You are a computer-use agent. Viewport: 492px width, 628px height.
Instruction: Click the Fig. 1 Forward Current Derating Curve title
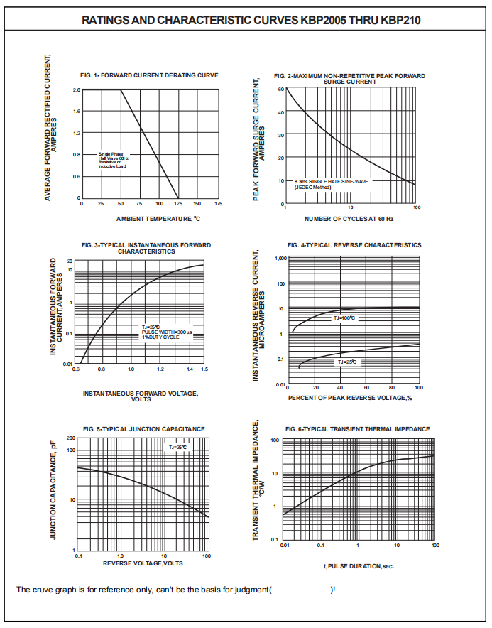(149, 75)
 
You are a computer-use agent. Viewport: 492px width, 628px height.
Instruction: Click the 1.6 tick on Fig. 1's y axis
(76, 112)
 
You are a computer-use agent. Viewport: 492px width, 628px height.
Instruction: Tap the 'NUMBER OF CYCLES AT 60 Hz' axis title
(349, 219)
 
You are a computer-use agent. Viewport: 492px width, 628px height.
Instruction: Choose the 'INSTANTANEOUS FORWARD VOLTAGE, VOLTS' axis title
(141, 396)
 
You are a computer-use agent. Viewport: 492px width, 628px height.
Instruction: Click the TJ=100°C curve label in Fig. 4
(344, 318)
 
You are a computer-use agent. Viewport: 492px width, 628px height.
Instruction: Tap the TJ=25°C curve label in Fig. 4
(348, 362)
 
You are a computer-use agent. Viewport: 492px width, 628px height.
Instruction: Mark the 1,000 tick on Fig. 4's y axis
(278, 259)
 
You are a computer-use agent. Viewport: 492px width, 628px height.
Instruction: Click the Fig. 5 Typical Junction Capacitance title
(143, 429)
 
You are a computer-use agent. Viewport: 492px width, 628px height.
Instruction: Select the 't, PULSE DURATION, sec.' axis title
(359, 566)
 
